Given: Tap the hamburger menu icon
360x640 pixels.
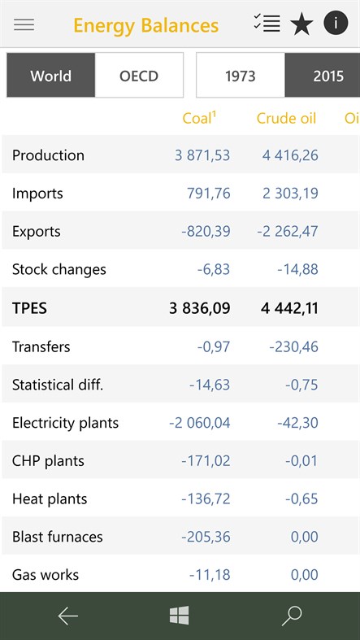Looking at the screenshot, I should tap(24, 24).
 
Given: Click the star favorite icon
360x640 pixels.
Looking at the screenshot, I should tap(301, 24).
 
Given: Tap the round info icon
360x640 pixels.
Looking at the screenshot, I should tap(336, 24).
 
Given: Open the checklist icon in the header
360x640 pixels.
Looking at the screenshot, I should tap(267, 24).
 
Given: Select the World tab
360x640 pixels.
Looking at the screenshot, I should tap(50, 76).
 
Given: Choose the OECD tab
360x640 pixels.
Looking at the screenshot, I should tap(139, 76).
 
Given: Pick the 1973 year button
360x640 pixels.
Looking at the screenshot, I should tap(241, 76).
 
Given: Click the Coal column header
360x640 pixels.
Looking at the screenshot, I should tap(199, 118).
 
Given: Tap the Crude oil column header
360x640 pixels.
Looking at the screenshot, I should tap(286, 118).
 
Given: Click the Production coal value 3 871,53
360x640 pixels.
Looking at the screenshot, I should tap(202, 155).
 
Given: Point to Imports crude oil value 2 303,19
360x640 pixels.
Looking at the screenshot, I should tap(290, 194).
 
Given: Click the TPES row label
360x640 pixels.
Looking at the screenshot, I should tap(30, 307).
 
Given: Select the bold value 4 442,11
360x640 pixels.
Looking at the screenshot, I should tap(289, 307).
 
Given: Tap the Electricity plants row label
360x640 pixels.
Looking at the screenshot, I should tap(65, 423).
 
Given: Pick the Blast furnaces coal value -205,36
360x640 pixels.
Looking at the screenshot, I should tap(206, 537).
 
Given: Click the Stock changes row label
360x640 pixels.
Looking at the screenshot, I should tap(59, 269).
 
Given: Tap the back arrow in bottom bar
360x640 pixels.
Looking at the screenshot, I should tap(68, 616).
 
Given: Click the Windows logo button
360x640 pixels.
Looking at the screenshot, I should tap(180, 616).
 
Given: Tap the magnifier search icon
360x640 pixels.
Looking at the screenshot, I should tap(291, 616).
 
